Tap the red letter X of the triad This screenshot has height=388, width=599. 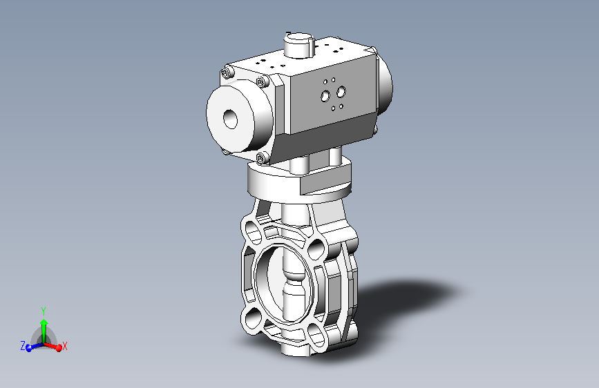(65, 345)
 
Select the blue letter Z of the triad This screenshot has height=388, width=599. (22, 345)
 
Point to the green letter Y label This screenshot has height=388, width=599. (44, 311)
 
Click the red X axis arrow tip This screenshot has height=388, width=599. (59, 348)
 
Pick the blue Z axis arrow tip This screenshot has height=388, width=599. (29, 348)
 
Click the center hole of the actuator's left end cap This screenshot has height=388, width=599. (229, 119)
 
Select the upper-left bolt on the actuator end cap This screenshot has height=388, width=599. (227, 73)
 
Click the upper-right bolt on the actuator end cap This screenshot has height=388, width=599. (261, 83)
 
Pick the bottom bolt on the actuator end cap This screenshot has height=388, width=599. (263, 159)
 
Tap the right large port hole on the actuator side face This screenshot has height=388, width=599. (340, 90)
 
